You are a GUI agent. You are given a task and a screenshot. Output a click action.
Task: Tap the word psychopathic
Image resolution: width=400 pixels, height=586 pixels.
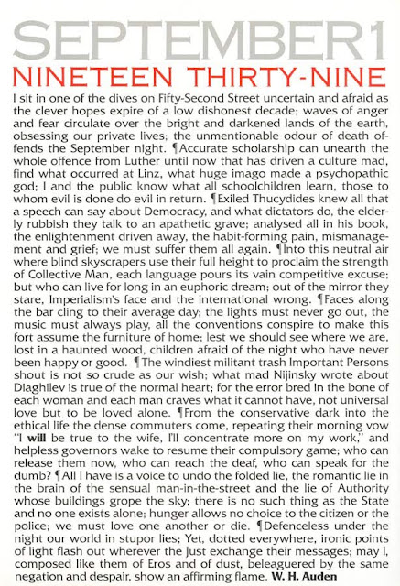click(x=347, y=175)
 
